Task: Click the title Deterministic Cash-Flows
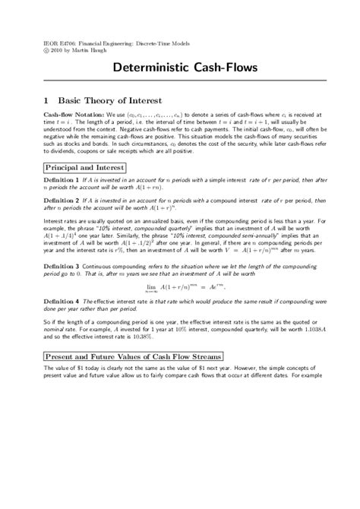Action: [x=179, y=68]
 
